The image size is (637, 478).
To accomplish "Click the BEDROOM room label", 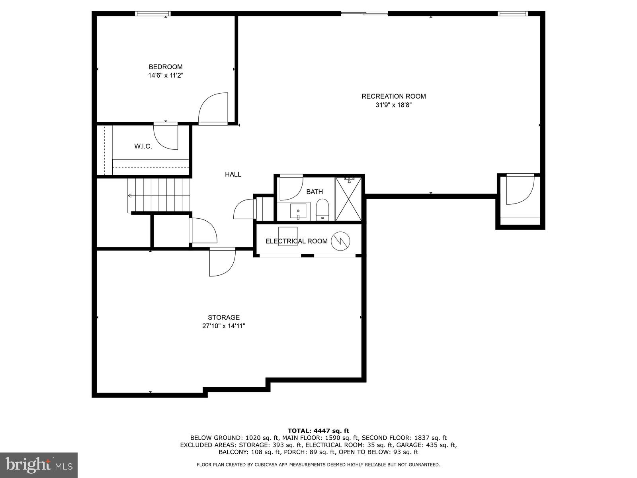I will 166,67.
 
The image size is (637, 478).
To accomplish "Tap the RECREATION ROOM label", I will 393,96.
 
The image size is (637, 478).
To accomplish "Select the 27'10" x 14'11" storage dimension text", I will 223,326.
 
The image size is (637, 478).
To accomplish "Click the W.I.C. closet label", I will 143,147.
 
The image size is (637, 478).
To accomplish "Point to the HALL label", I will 233,174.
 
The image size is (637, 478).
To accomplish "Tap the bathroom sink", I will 298,211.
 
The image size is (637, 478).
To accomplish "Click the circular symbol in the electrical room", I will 340,241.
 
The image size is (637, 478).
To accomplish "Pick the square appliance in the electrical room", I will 288,236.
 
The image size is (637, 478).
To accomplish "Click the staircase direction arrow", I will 130,196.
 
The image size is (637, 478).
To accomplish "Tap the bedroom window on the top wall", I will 153,14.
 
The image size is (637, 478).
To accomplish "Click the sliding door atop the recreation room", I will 364,14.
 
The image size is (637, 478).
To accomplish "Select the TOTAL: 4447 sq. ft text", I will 318,431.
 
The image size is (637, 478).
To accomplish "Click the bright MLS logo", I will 39,465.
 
